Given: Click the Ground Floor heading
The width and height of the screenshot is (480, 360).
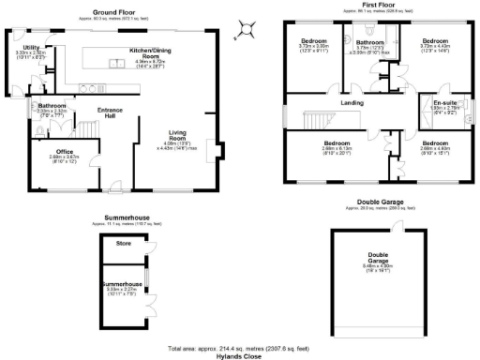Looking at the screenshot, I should coord(112,11).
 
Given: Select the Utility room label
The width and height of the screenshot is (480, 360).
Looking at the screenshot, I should coord(32,47).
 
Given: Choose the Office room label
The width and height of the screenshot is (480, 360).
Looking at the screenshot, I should coord(65,151).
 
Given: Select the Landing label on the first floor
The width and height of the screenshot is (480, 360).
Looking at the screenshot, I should coord(352,102).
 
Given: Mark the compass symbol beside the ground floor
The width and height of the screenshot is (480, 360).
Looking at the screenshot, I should coord(243,32).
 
